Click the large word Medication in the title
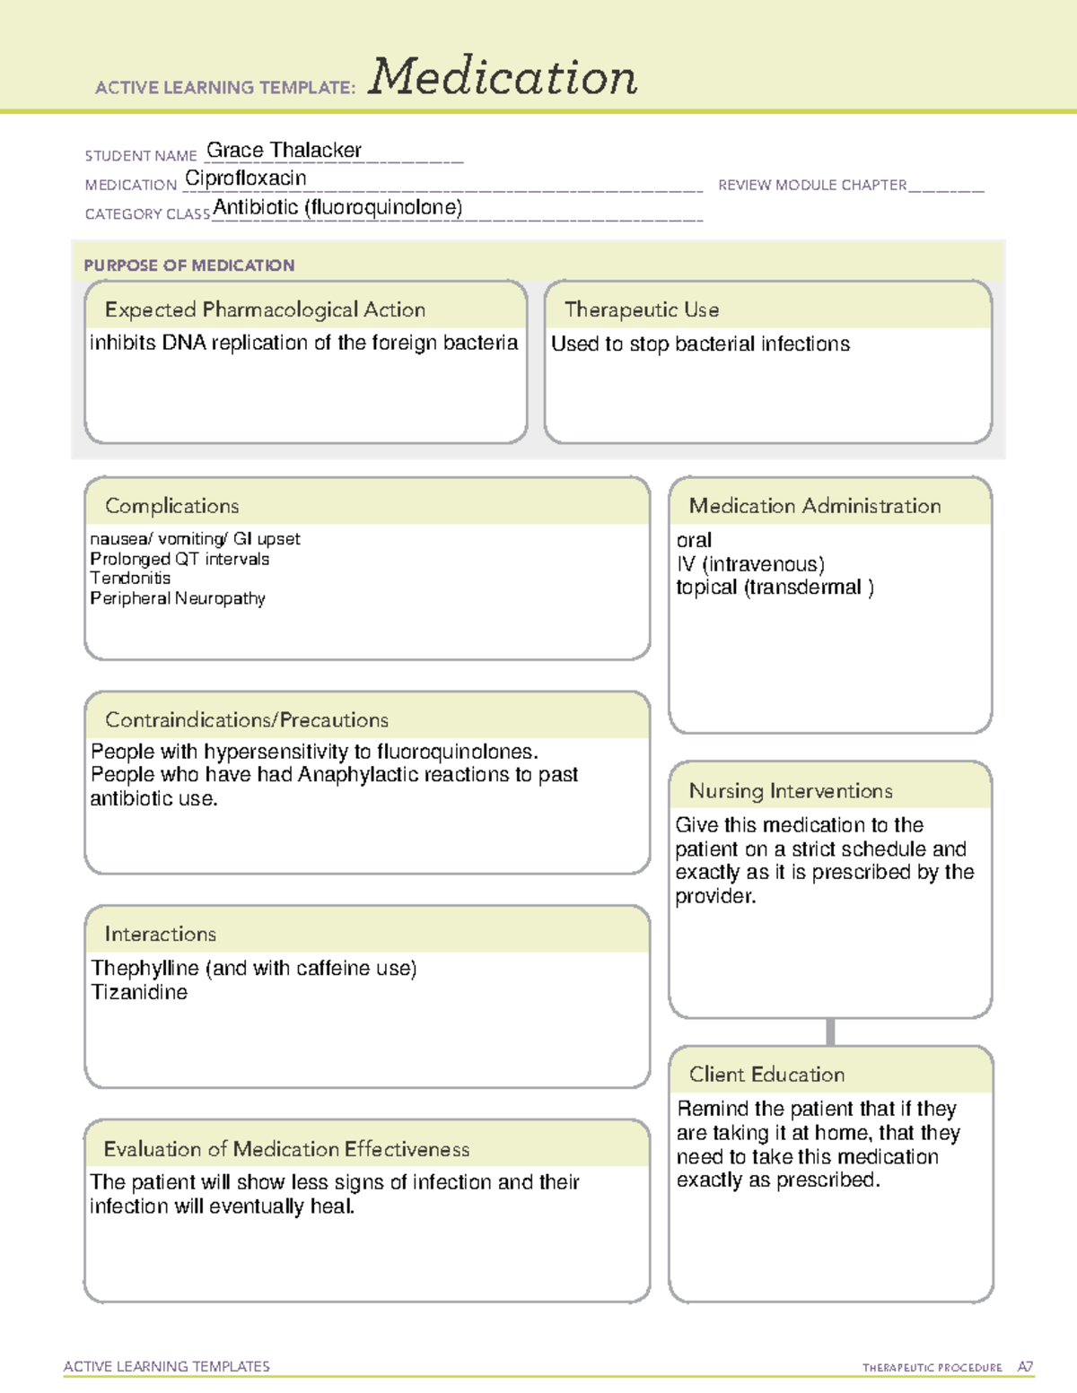click(503, 77)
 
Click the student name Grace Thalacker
click(284, 150)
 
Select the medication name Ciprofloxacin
click(245, 178)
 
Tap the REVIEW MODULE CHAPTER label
click(812, 185)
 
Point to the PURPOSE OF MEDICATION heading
click(188, 266)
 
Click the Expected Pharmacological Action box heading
click(265, 309)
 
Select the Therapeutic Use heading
click(641, 309)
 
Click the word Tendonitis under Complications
click(130, 579)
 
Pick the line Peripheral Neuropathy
click(177, 598)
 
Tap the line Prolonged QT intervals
click(179, 559)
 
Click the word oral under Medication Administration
click(694, 540)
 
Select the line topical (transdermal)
click(774, 588)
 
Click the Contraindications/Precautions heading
click(246, 719)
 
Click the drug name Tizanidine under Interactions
click(139, 992)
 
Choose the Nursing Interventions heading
click(790, 790)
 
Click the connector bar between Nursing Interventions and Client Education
click(830, 1032)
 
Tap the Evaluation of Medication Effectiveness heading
click(286, 1149)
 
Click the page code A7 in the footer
click(1025, 1367)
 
